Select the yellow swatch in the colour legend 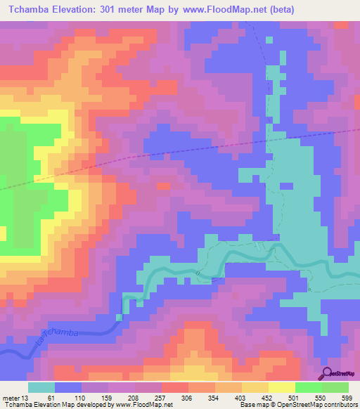pyautogui.click(x=281, y=387)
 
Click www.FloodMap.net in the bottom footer pyautogui.click(x=145, y=405)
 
